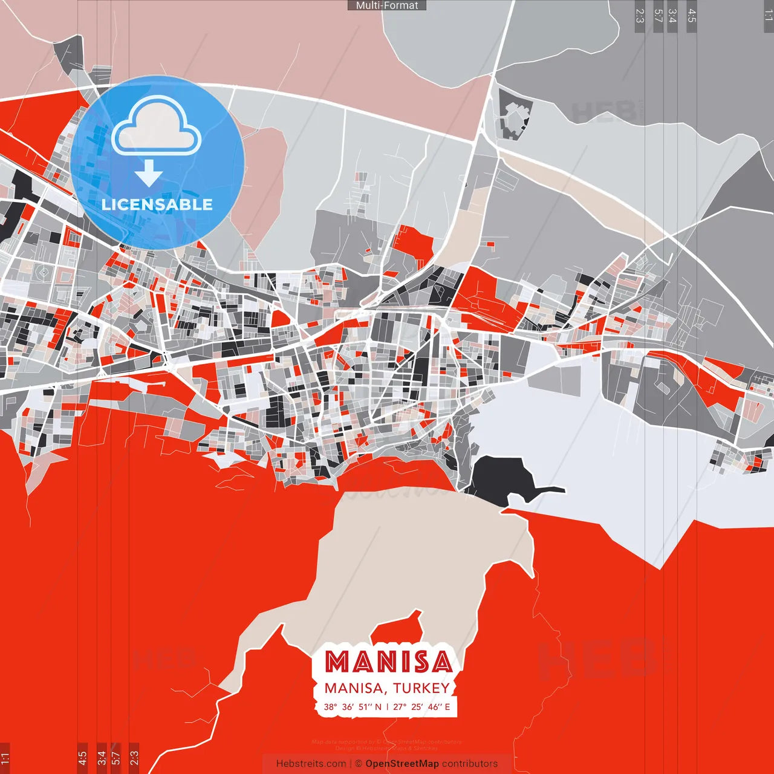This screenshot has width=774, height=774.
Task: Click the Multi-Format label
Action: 387,5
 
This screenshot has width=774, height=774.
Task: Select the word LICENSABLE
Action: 157,204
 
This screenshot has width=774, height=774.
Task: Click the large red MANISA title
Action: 388,662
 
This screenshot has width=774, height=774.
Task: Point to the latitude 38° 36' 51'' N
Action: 353,707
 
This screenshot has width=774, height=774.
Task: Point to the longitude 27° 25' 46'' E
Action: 421,707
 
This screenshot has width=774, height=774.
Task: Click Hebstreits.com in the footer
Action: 311,764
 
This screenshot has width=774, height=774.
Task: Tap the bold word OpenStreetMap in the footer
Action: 402,764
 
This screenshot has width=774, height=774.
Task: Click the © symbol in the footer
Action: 358,764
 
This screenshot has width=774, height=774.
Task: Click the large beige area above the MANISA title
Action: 417,556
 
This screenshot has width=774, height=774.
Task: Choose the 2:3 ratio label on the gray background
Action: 640,16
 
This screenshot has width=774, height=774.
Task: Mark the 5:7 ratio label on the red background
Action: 116,756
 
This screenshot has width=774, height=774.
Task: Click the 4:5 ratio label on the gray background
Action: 692,16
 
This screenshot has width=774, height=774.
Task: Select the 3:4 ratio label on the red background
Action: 102,756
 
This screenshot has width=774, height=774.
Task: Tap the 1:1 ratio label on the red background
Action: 5,758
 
